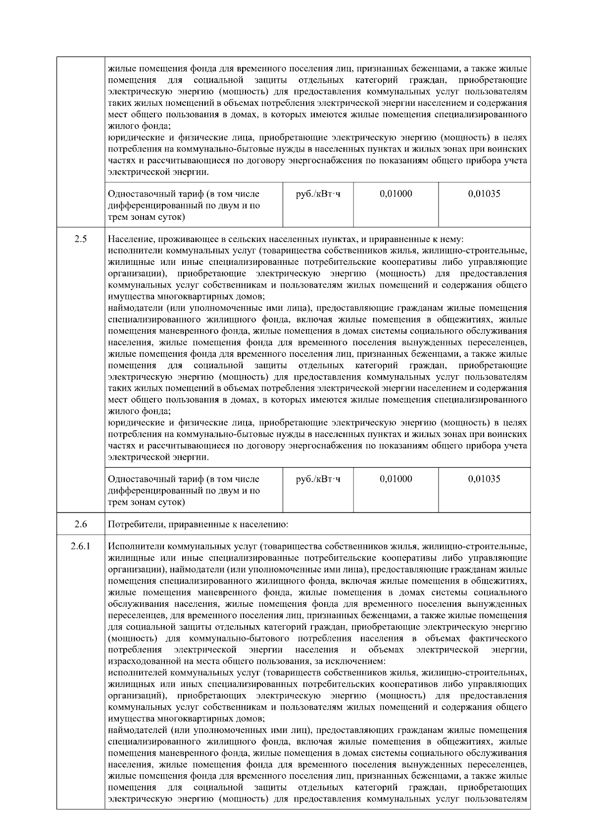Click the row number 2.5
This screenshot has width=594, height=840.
[81, 239]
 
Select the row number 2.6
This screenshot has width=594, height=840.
[81, 524]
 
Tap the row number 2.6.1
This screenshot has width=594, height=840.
[81, 547]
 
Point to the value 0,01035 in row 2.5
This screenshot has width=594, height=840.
[484, 479]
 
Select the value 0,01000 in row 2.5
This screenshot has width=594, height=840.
[396, 479]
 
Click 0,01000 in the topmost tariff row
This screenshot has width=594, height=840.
[396, 194]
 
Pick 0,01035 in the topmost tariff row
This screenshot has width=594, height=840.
[484, 194]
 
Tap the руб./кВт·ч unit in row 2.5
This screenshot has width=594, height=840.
[318, 479]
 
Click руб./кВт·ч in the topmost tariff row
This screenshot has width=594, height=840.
[318, 194]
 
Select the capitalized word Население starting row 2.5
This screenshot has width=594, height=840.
[129, 239]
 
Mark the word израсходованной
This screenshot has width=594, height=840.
[142, 661]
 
